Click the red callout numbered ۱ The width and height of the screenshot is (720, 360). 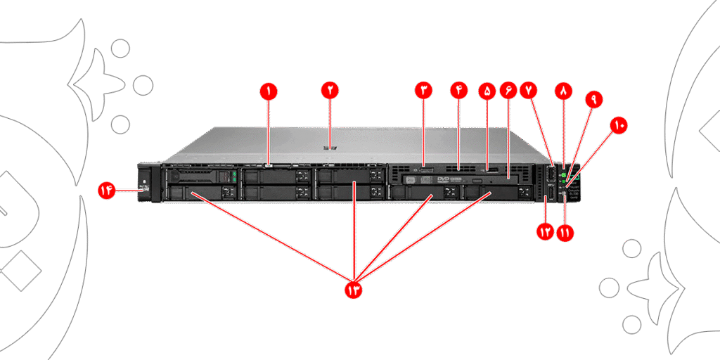[x=267, y=91]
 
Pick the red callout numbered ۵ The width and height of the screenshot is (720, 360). [x=486, y=91]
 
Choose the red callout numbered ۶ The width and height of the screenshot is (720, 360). [x=508, y=91]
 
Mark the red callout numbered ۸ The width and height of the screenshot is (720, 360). [x=564, y=91]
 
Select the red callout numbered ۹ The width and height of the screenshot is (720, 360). [x=593, y=100]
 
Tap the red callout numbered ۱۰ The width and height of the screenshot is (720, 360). [x=619, y=125]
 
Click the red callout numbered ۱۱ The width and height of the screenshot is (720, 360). [x=565, y=232]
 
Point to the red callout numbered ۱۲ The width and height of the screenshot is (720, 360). [x=545, y=232]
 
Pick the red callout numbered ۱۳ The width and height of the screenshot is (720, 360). [x=353, y=289]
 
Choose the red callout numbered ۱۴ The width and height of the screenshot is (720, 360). [x=107, y=191]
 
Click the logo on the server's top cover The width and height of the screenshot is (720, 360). [x=329, y=148]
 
